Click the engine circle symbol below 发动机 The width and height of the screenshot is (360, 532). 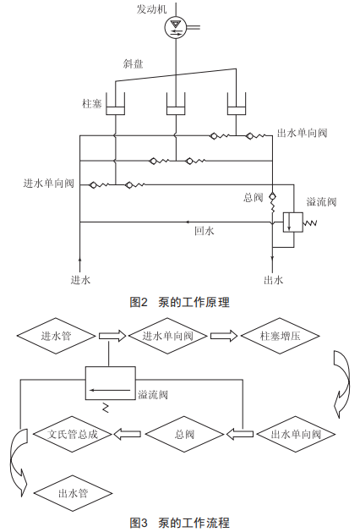[x=176, y=27]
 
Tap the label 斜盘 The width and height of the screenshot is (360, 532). [x=133, y=63]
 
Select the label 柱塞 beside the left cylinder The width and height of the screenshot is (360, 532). [x=92, y=103]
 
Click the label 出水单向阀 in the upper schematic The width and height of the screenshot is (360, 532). [x=302, y=133]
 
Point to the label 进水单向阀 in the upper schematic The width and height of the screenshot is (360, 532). [x=48, y=184]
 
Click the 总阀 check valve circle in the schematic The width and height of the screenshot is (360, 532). [x=272, y=196]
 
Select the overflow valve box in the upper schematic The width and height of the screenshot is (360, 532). [x=293, y=222]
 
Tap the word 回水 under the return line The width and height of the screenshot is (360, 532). [x=205, y=231]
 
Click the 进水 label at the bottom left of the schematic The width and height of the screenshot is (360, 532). [x=80, y=280]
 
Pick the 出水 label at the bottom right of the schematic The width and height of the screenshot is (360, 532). [x=273, y=280]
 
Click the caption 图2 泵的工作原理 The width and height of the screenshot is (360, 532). [x=180, y=302]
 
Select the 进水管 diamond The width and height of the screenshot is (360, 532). [x=57, y=336]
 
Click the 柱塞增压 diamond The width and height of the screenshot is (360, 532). [x=280, y=336]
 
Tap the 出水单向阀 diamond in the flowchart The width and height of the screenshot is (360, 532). [x=296, y=434]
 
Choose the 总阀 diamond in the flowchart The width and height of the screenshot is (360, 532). [x=184, y=434]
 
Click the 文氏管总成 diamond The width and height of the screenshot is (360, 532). [x=73, y=434]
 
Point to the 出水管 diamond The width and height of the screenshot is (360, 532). [x=73, y=493]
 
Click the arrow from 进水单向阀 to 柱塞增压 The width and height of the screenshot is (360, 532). [x=224, y=336]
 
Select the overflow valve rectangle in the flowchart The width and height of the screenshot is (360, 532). [x=110, y=382]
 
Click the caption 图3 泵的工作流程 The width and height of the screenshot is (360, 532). [x=180, y=523]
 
